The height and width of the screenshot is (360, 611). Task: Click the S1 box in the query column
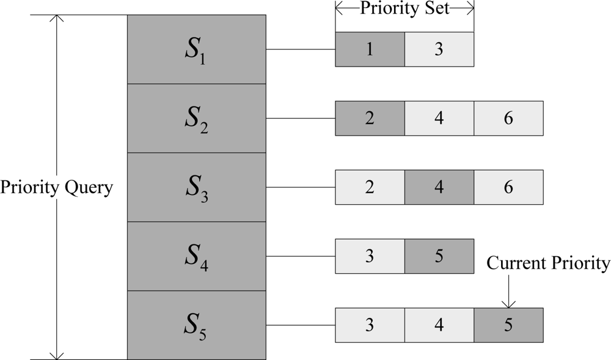pos(196,49)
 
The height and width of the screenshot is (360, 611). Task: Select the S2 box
pos(196,118)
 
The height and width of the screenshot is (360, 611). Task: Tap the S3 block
pos(196,187)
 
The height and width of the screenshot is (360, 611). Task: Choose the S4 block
pos(196,256)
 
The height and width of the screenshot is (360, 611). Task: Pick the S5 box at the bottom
pos(196,325)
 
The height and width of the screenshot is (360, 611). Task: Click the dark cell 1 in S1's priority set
pos(370,50)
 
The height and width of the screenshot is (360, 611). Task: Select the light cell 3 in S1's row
pos(439,50)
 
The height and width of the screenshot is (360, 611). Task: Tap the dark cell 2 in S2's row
pos(370,119)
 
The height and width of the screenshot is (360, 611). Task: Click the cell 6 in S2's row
pos(508,119)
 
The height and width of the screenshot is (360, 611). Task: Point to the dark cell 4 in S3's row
pos(439,188)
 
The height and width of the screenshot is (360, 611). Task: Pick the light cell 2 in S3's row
pos(370,188)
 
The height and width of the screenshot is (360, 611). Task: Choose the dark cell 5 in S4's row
pos(439,256)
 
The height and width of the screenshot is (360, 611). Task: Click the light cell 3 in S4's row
pos(370,256)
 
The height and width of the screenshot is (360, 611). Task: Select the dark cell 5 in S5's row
pos(508,325)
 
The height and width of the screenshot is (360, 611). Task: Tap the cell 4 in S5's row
pos(439,325)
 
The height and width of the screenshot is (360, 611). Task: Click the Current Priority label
pos(548,263)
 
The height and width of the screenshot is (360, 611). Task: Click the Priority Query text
pos(57,187)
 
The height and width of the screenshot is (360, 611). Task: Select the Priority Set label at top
pos(404,9)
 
